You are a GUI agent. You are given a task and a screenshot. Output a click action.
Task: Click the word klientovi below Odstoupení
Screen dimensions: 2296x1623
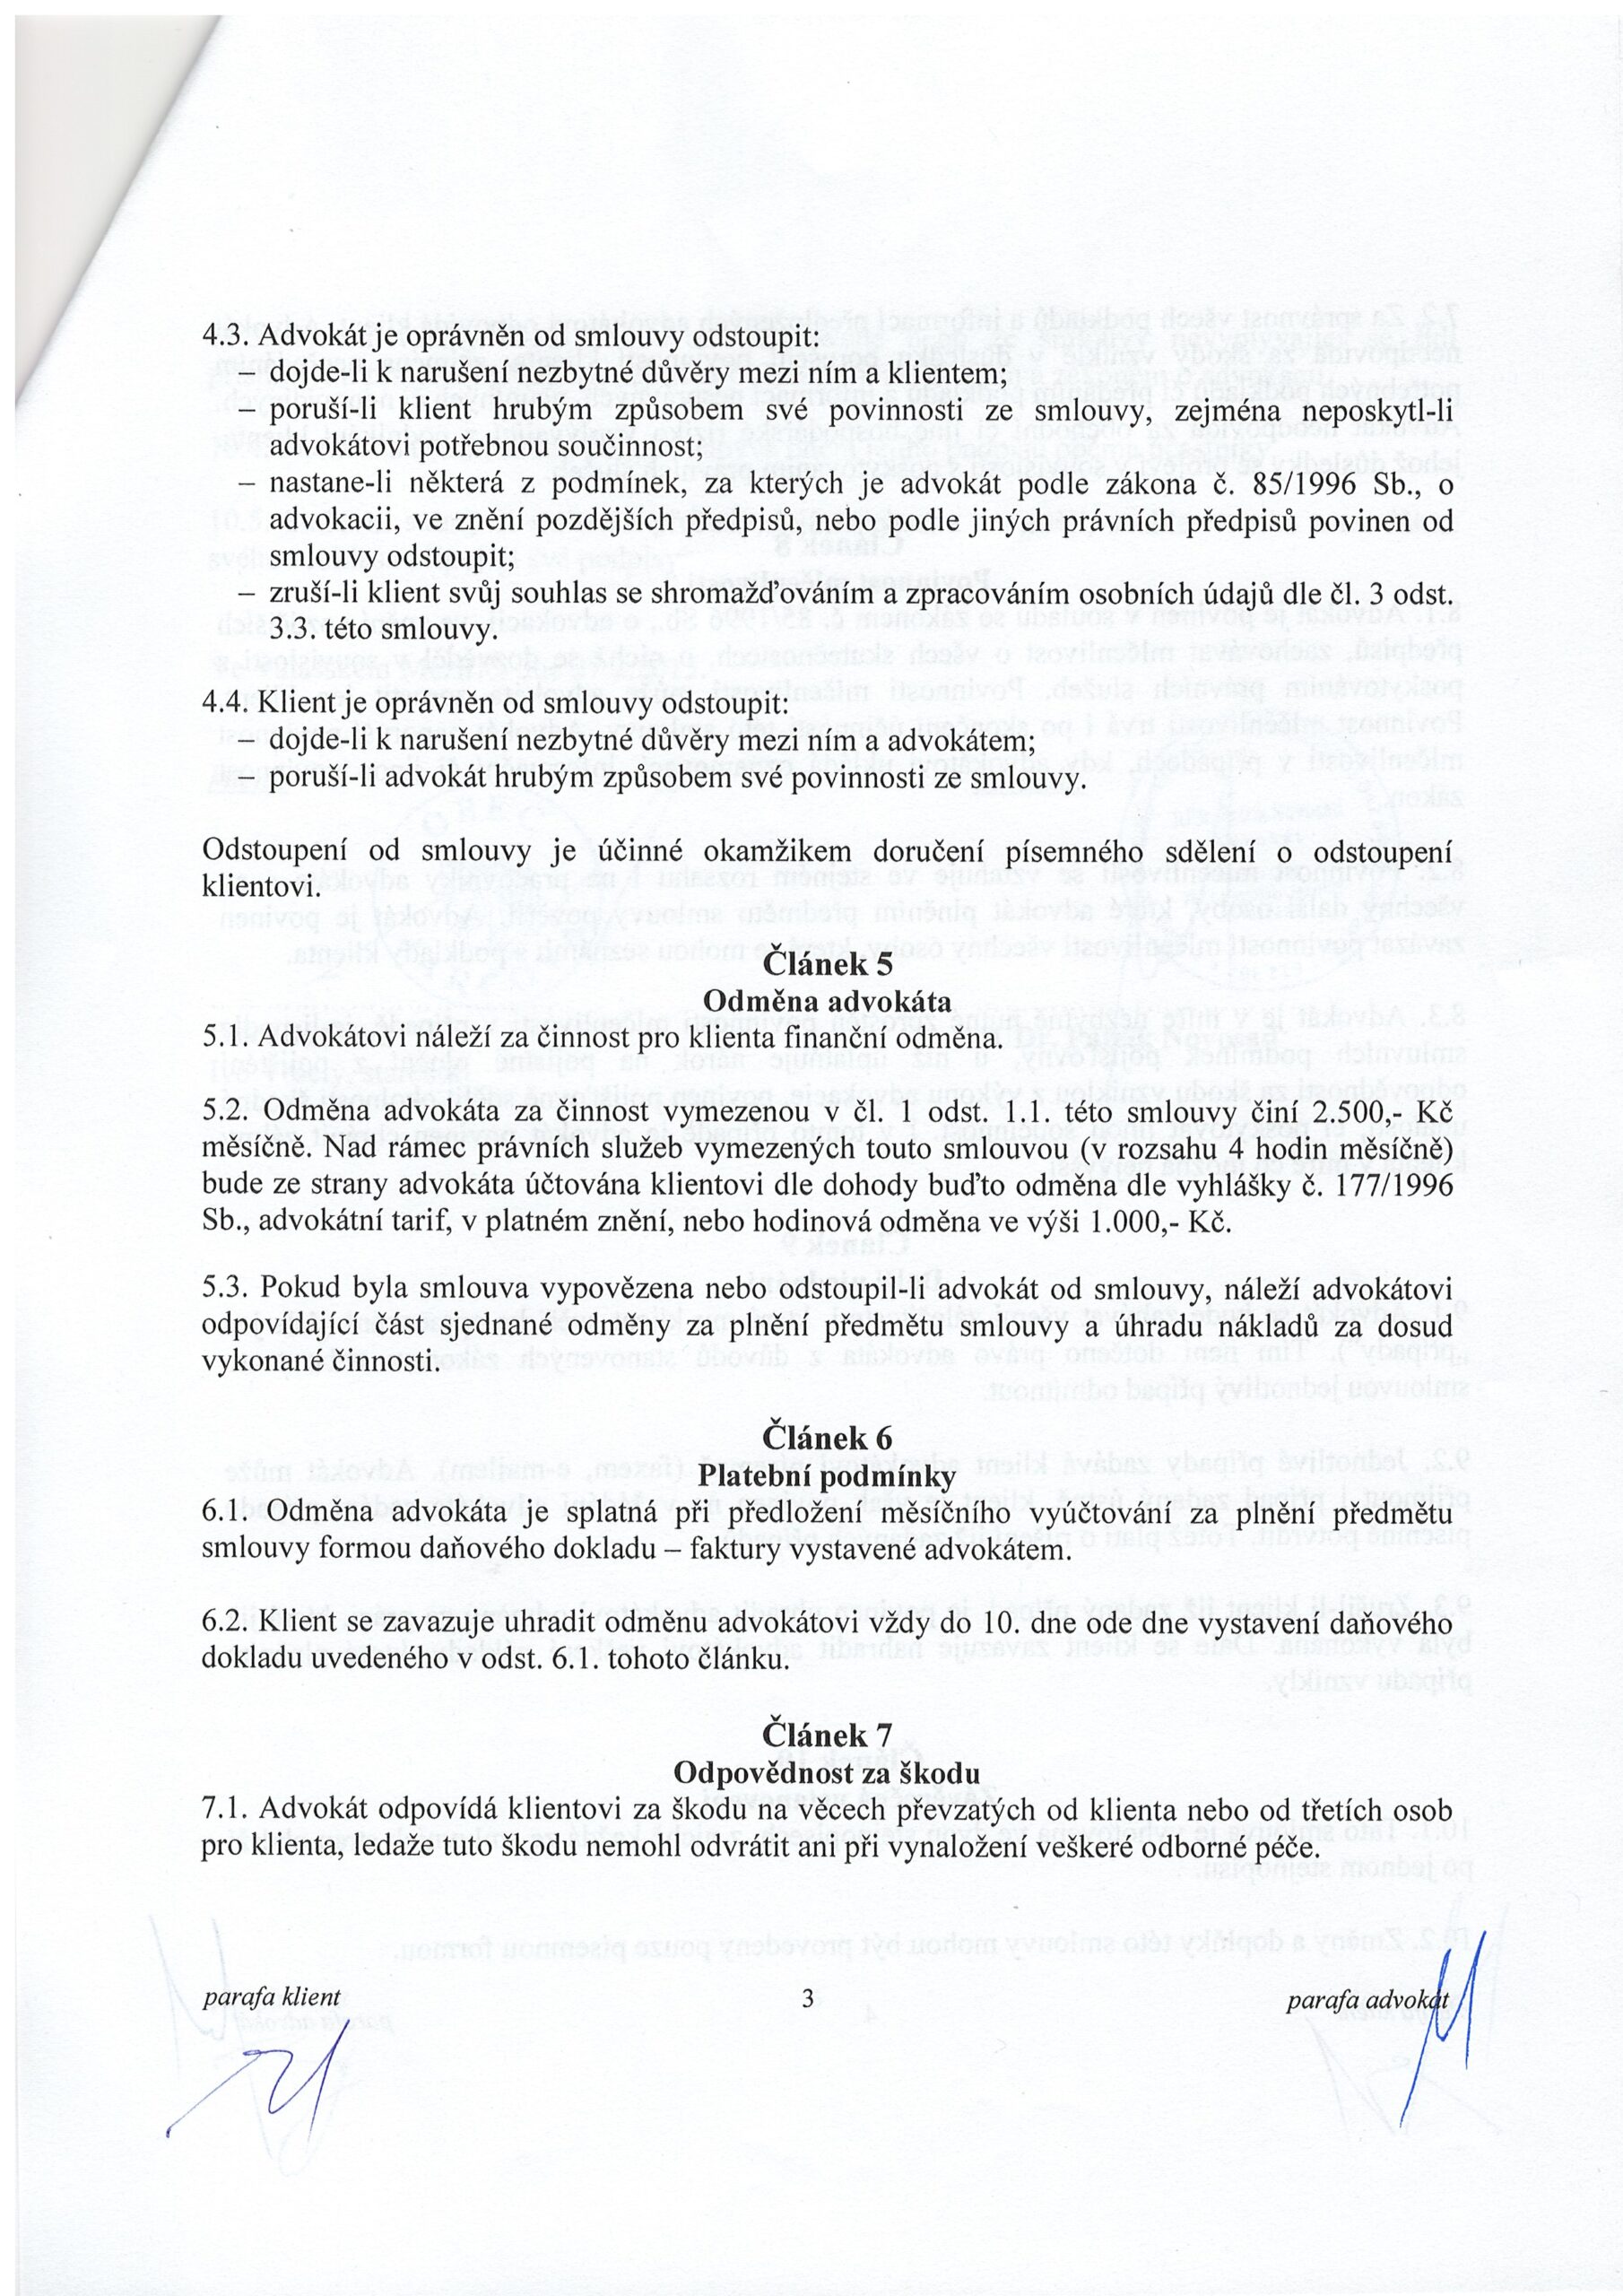pos(260,886)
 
